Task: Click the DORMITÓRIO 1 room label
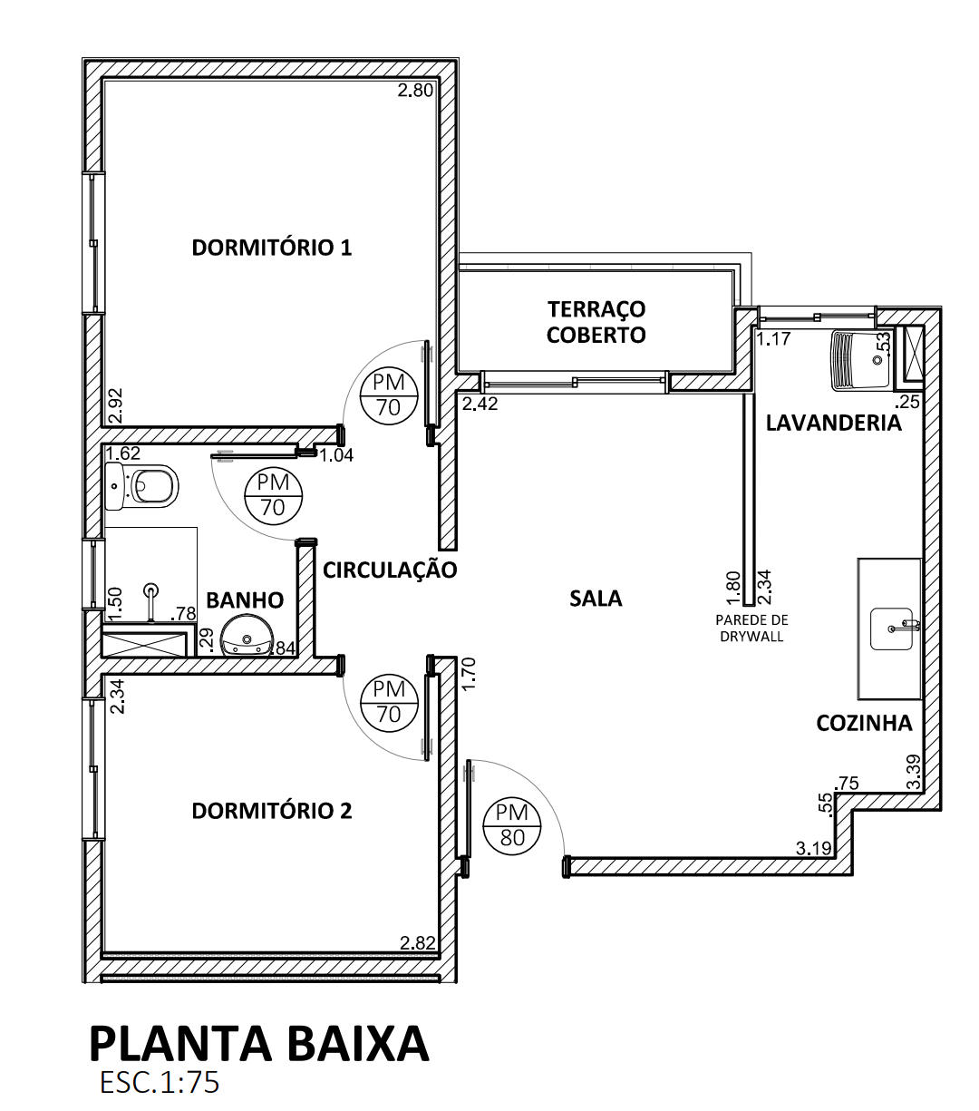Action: coord(271,248)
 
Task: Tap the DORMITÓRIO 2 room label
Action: coord(271,811)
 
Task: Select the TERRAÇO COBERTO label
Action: coord(596,322)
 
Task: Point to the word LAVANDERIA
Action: coord(833,423)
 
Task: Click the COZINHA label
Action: coord(864,724)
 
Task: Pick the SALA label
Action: coord(596,599)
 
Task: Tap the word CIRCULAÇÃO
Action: coord(390,570)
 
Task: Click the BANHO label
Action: coord(245,600)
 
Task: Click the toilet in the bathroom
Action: coord(141,486)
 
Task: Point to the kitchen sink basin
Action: coord(891,629)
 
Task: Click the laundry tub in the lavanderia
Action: coord(860,360)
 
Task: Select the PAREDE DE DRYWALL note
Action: coord(751,629)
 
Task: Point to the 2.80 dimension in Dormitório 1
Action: coord(415,90)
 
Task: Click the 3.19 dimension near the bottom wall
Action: coord(814,848)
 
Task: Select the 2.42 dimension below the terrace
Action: coord(480,404)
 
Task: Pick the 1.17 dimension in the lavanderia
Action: coord(774,339)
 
